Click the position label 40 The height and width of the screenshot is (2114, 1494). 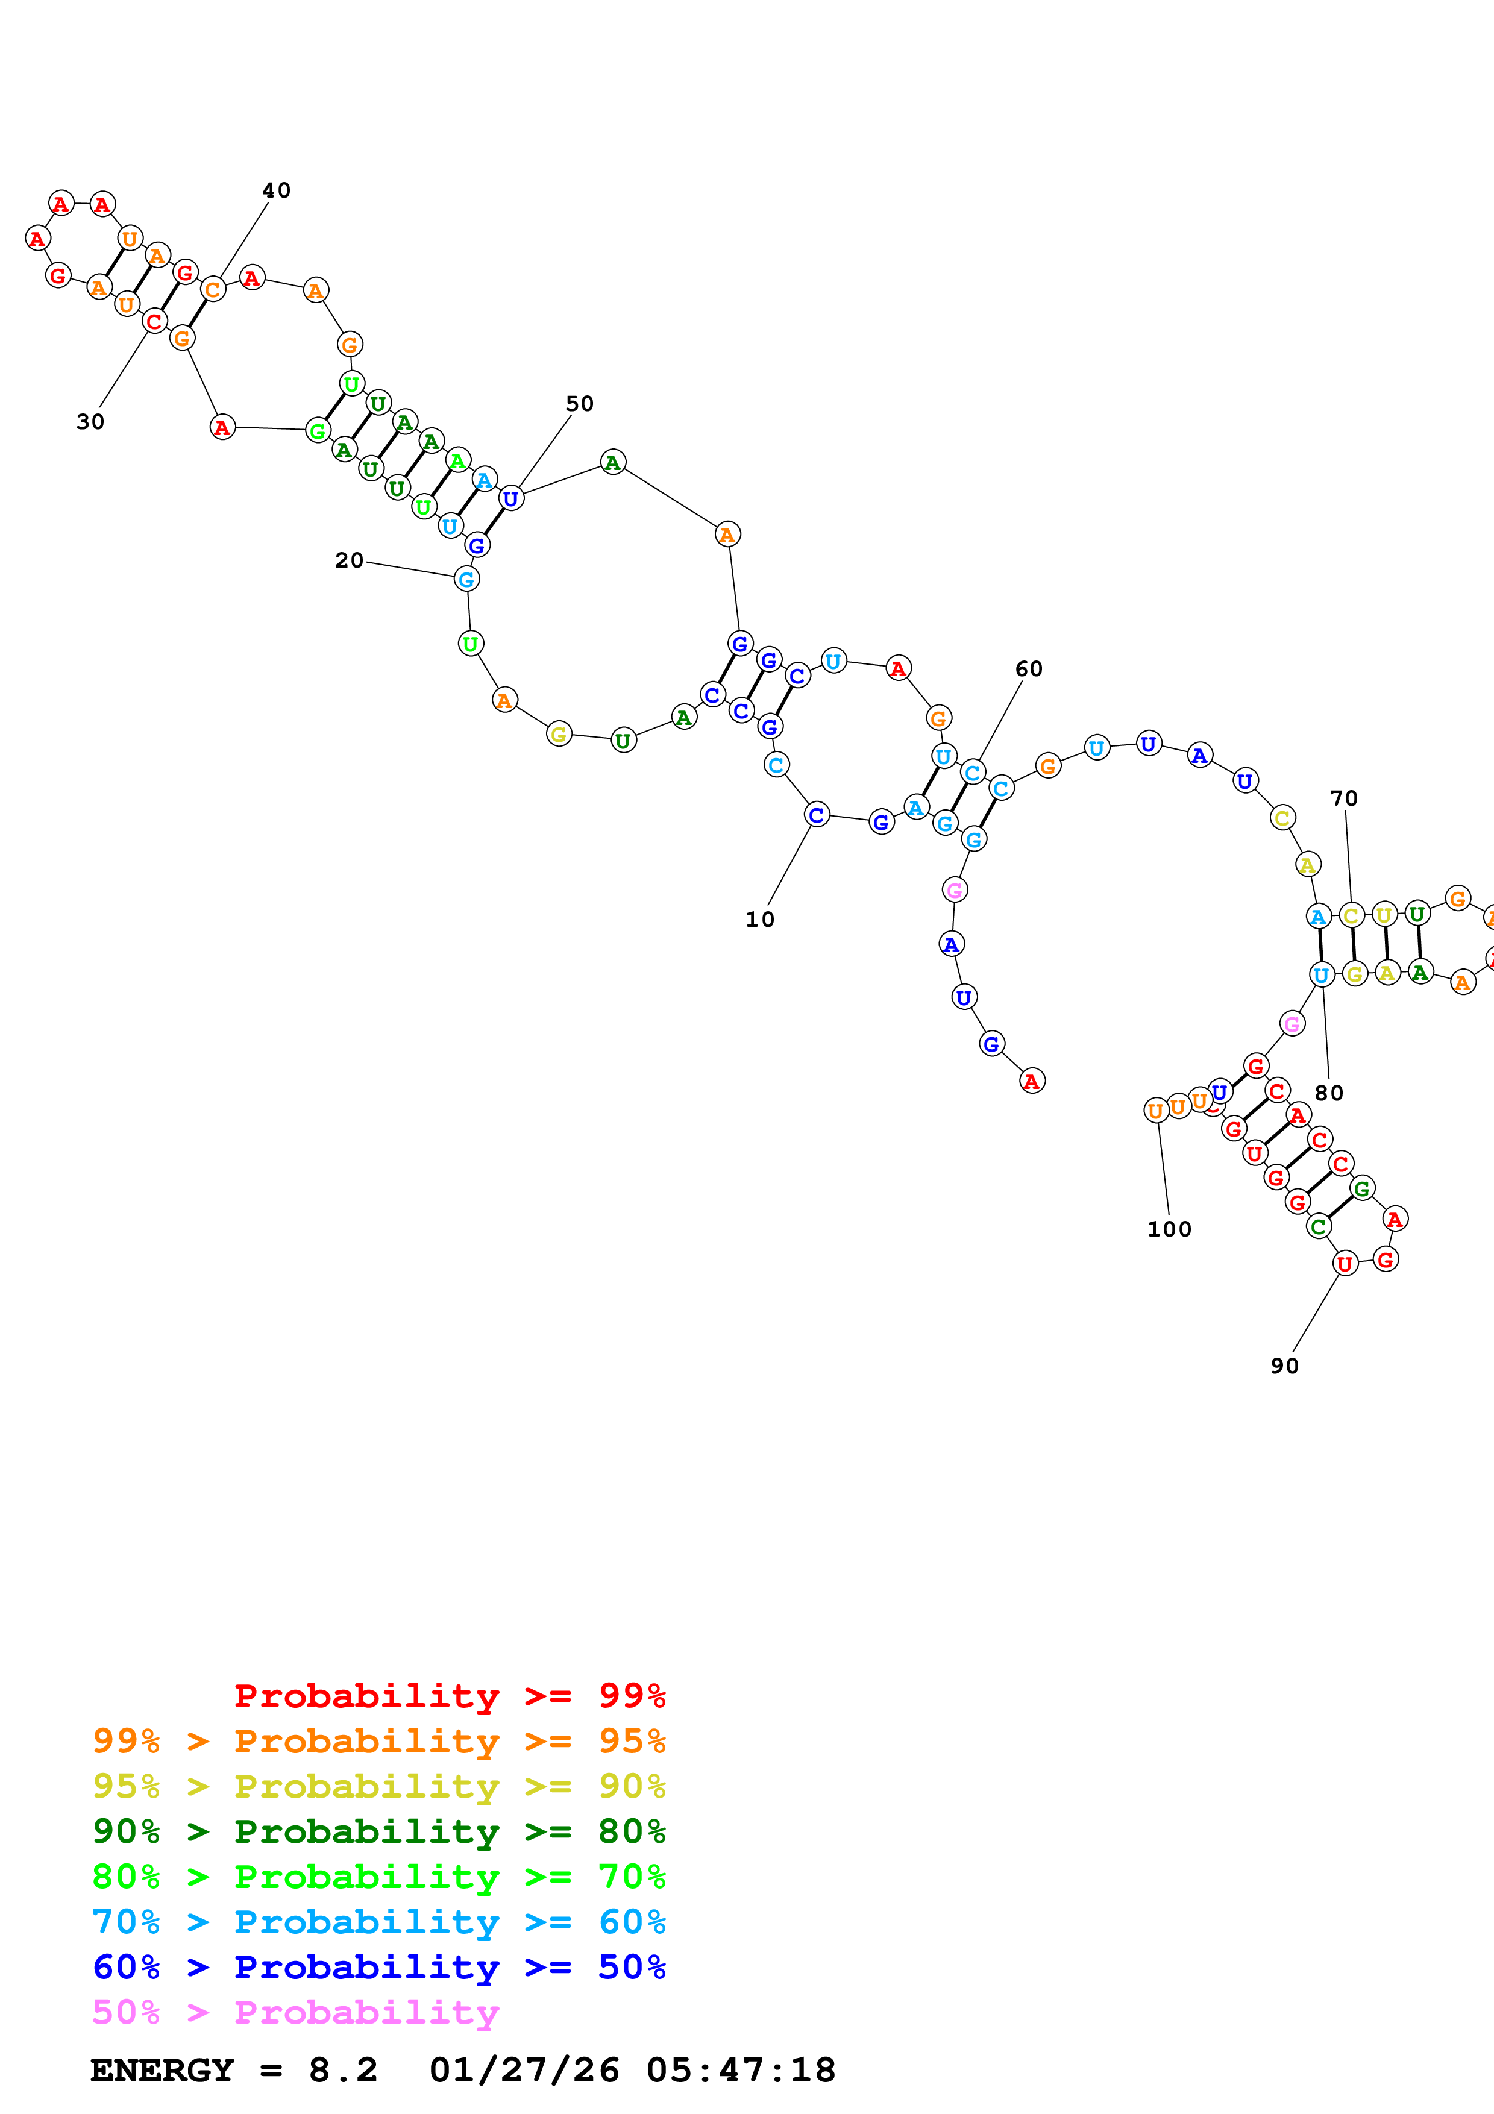click(x=276, y=190)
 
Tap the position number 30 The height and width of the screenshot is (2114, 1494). click(x=90, y=422)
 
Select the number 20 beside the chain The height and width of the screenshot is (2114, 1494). click(x=349, y=560)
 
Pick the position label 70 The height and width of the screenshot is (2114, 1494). click(x=1343, y=798)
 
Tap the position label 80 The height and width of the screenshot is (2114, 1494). click(x=1328, y=1093)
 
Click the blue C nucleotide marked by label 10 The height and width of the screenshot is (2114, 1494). click(x=815, y=815)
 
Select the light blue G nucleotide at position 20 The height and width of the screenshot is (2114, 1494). click(x=466, y=579)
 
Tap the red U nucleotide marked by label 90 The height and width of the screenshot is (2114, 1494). click(x=1345, y=1264)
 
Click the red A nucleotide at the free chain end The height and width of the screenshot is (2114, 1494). click(x=1032, y=1081)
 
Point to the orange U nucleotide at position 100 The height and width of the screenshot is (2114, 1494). click(x=1156, y=1111)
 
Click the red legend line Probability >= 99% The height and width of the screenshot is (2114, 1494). click(x=449, y=1696)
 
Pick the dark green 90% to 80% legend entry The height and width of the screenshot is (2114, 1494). click(x=378, y=1831)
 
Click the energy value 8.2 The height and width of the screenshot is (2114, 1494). click(x=342, y=2071)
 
